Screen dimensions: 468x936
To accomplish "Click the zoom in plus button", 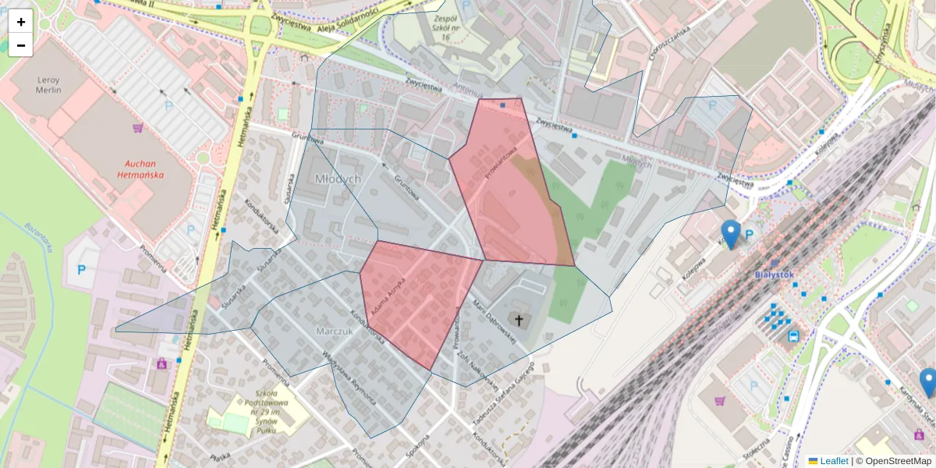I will [x=21, y=22].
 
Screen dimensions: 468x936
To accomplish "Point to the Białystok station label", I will [x=774, y=275].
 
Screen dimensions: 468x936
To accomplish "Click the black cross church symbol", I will [x=518, y=318].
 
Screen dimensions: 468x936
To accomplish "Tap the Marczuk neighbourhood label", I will [x=335, y=331].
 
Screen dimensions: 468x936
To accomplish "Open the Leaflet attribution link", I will [x=833, y=461].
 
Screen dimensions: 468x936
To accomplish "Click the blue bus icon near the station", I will [x=792, y=337].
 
